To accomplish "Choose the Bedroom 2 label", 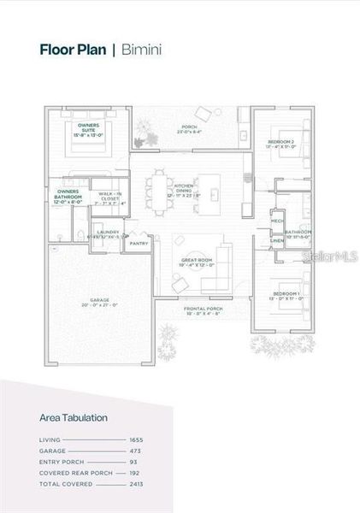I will coord(281,143).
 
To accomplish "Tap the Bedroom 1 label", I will coord(286,296).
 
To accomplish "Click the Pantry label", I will coord(139,244).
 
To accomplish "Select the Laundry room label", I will coord(108,233).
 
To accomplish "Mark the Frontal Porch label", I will coord(204,310).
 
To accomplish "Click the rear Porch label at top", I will coord(189,129).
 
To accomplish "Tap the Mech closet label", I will coord(277,221).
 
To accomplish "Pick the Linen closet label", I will coord(277,241).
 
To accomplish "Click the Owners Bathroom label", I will coord(68,194).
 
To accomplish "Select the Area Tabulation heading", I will coord(74,418).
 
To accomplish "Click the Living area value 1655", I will coord(136,439).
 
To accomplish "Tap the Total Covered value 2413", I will coord(136,484).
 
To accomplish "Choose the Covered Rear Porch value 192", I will coord(137,473).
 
